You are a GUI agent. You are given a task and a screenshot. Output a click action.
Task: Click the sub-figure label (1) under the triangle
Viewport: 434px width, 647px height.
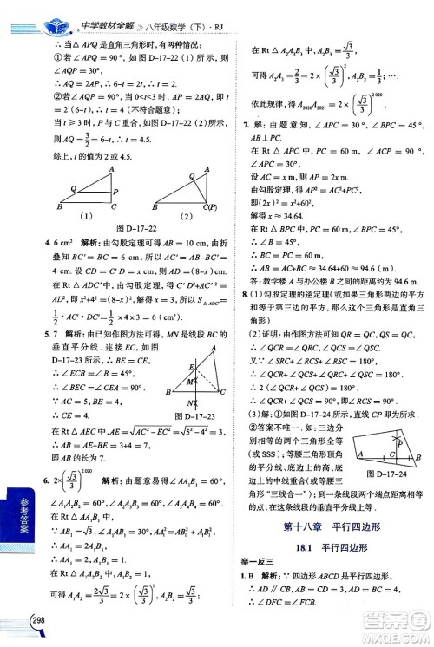87,216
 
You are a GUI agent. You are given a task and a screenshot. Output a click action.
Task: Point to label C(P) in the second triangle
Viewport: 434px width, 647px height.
207,206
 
